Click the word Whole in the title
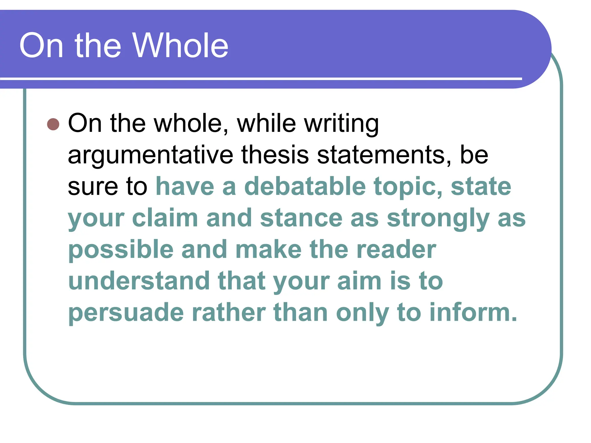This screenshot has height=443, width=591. pyautogui.click(x=180, y=46)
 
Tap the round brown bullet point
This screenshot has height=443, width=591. pyautogui.click(x=53, y=124)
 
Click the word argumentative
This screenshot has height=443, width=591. pyautogui.click(x=150, y=155)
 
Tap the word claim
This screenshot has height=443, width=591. pyautogui.click(x=165, y=218)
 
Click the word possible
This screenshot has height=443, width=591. pyautogui.click(x=121, y=250)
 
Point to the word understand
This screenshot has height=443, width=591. pyautogui.click(x=139, y=281)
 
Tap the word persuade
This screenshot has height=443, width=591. pyautogui.click(x=126, y=313)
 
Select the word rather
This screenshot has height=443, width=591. pyautogui.click(x=229, y=313)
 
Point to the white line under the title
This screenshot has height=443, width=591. pyautogui.click(x=260, y=78)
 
